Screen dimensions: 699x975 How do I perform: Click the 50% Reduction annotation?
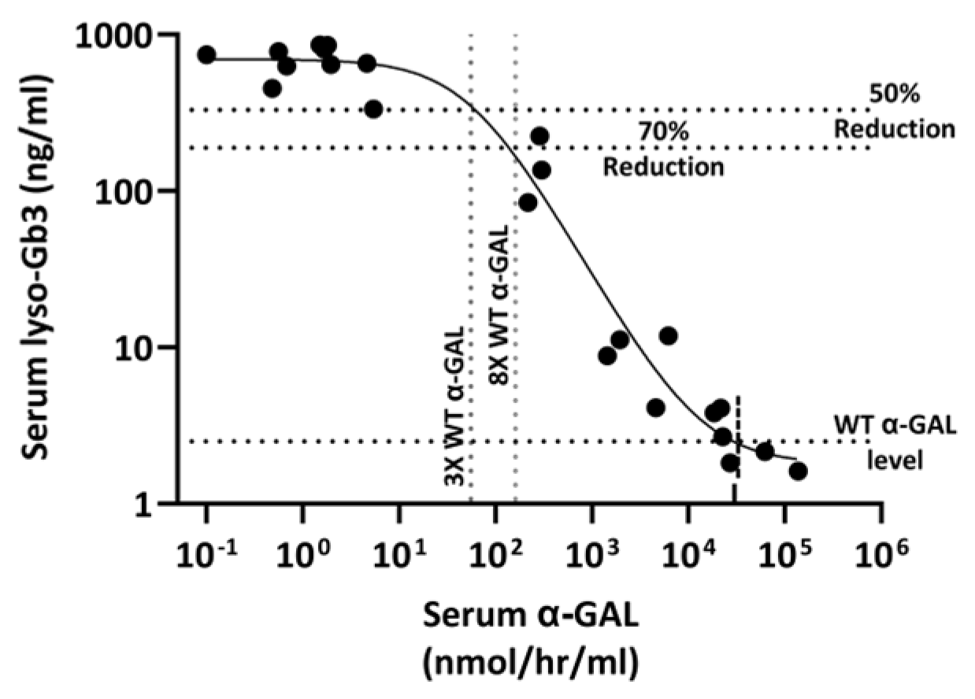[894, 110]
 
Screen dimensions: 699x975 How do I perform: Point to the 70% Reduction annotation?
[664, 150]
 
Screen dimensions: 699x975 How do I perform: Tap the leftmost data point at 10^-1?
[206, 55]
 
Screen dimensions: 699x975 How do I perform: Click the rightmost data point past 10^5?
[798, 472]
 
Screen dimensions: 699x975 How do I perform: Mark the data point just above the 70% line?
[539, 136]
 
